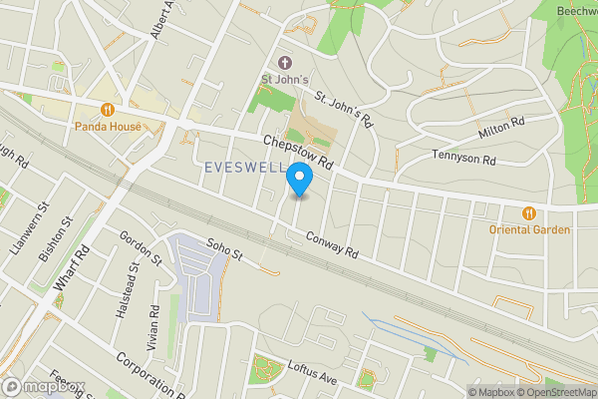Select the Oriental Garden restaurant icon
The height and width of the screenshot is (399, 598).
click(530, 211)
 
